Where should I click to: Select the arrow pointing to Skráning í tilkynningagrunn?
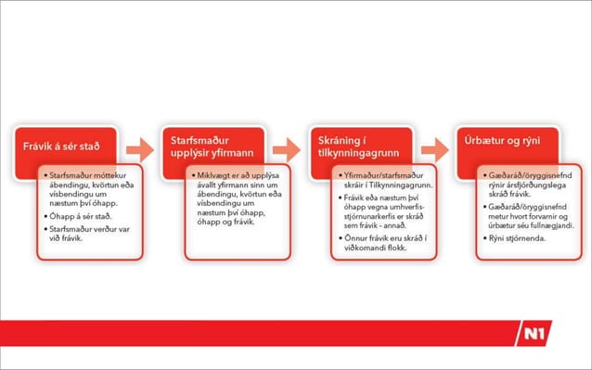(x=288, y=148)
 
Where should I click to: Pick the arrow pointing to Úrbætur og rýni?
(x=433, y=148)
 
